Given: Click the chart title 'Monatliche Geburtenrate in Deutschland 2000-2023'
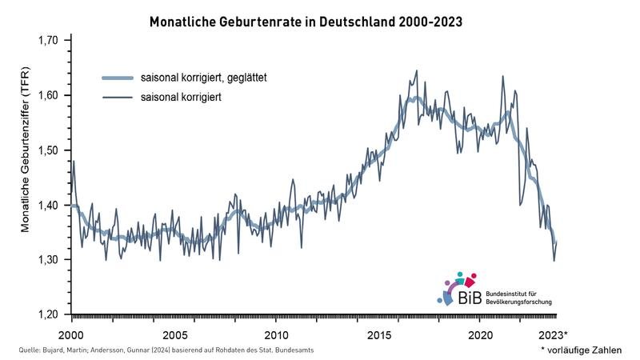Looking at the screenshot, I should pos(306,22).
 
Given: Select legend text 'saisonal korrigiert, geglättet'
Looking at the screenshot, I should pos(203,78).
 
